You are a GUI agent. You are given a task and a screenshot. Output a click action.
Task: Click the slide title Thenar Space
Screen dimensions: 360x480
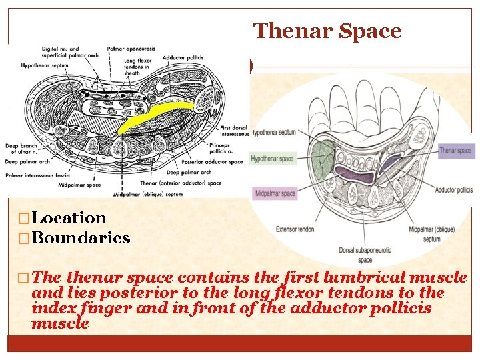pyautogui.click(x=327, y=31)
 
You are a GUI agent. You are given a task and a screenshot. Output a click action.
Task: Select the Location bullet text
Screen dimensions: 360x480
pyautogui.click(x=69, y=218)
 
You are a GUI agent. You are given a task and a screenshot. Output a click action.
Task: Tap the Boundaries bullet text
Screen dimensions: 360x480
pyautogui.click(x=81, y=238)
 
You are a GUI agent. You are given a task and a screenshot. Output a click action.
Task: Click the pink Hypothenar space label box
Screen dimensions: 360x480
pyautogui.click(x=273, y=159)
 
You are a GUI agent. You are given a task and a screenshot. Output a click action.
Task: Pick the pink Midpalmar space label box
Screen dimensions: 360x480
pyautogui.click(x=274, y=194)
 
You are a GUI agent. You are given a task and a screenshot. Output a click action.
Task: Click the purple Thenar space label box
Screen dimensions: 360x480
pyautogui.click(x=455, y=151)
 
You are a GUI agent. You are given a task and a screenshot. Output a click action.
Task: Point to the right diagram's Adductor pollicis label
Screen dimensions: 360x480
pyautogui.click(x=453, y=190)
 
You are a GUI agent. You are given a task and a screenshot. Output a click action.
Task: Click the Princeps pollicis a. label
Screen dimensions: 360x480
pyautogui.click(x=223, y=147)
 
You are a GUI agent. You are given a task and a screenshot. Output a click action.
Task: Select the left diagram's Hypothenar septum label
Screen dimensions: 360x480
pyautogui.click(x=42, y=66)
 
